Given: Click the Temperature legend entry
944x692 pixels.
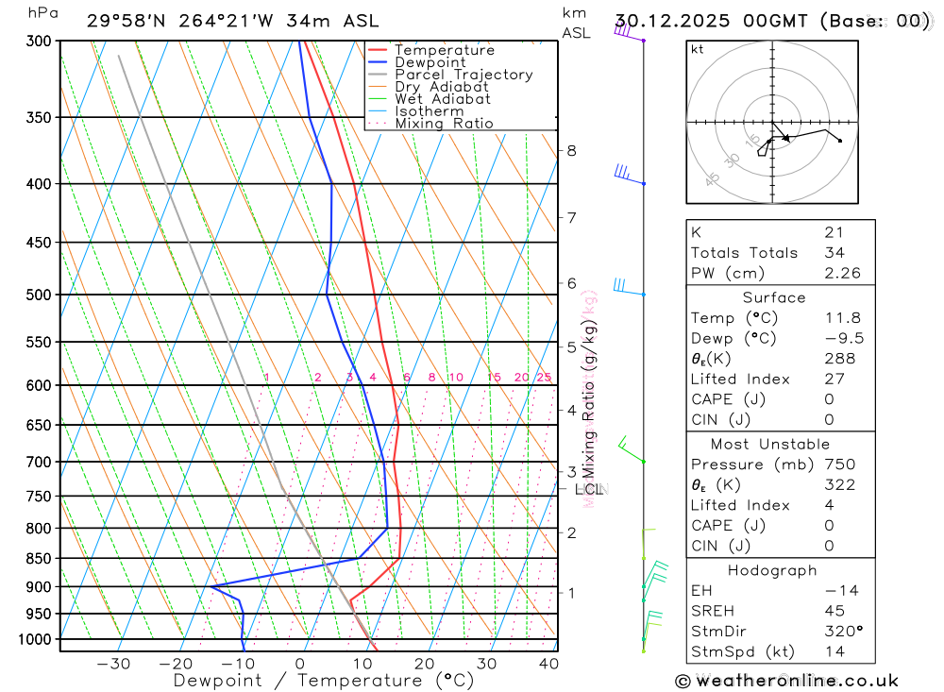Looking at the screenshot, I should coord(444,50).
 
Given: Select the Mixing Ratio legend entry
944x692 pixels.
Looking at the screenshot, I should coord(444,123).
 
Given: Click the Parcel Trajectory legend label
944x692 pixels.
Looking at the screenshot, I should coord(464,75).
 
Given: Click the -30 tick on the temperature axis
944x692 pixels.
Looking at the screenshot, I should coord(114,664).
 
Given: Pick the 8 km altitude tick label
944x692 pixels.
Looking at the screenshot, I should coord(571,150).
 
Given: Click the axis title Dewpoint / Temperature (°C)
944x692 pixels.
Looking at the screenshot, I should coord(311,681).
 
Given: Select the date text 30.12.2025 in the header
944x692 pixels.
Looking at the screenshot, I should coord(666,21).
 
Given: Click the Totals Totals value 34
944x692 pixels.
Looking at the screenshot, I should coord(834,253).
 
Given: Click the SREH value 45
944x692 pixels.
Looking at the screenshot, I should coord(834,611).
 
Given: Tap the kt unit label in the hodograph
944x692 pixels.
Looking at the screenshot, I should coord(698,49).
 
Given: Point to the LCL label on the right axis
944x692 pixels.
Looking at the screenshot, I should coord(588,489).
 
